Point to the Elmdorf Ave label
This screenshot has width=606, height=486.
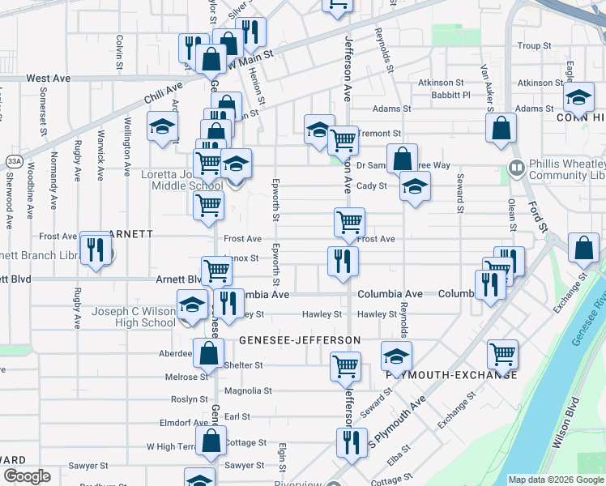(184, 423)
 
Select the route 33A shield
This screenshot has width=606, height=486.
(13, 161)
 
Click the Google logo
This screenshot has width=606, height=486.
(26, 476)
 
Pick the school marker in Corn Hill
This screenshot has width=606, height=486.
(578, 98)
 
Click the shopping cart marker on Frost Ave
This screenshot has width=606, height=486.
(349, 221)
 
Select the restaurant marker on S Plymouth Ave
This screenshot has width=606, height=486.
(351, 441)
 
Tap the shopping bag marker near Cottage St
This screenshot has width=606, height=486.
(211, 441)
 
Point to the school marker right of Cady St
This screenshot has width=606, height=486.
(415, 187)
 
